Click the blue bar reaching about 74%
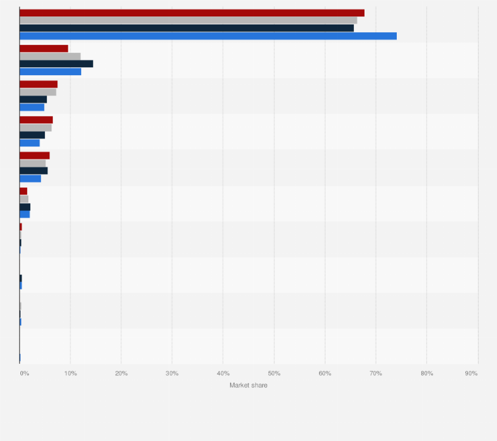[x=208, y=36]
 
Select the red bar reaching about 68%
[x=191, y=13]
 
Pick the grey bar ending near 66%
[x=188, y=20]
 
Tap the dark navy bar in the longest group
[x=187, y=28]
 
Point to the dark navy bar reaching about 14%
[x=56, y=64]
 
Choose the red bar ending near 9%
[x=44, y=48]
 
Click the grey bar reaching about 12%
[x=50, y=56]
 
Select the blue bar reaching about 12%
[x=50, y=71]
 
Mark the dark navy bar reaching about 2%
[x=25, y=207]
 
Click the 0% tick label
[x=24, y=374]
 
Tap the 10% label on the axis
[x=71, y=374]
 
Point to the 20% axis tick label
[x=121, y=374]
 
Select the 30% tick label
[x=172, y=374]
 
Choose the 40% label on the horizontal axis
[x=223, y=374]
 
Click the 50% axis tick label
[x=274, y=374]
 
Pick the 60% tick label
[x=325, y=374]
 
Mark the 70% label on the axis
[x=376, y=374]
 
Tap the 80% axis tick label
[x=426, y=374]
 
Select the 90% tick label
[x=471, y=374]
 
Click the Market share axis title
[x=248, y=385]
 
